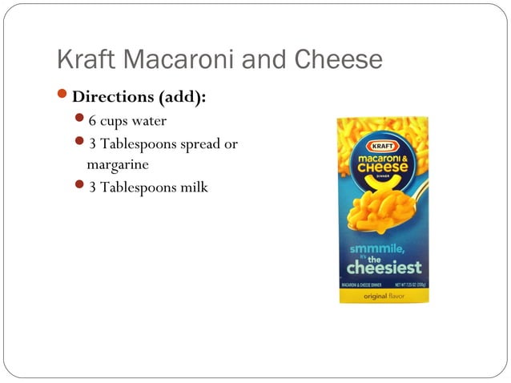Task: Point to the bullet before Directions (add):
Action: pyautogui.click(x=63, y=96)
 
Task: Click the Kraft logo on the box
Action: pyautogui.click(x=382, y=147)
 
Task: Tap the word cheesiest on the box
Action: pyautogui.click(x=383, y=266)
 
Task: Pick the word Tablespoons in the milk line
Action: pyautogui.click(x=145, y=187)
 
